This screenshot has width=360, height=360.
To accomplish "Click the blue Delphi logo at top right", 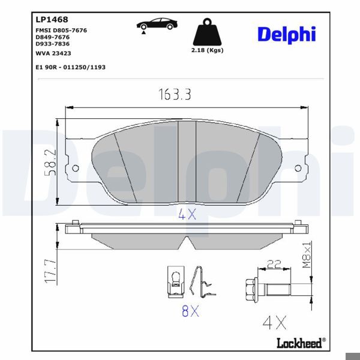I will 286,35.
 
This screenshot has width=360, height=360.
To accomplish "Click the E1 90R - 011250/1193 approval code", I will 70,67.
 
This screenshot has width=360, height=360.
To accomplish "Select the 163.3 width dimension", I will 178,95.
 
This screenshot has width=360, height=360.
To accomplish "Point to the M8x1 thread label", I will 306,255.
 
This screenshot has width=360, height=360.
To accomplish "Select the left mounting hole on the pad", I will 75,169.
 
